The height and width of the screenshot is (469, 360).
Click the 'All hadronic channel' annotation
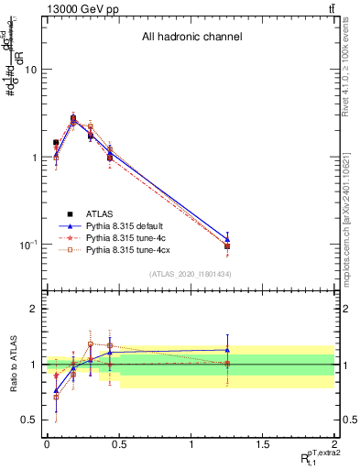tap(191, 38)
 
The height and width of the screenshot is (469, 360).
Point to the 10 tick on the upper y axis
tap(31, 70)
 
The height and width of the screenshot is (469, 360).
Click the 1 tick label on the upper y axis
tap(35, 158)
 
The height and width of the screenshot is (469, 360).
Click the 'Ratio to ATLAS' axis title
tap(12, 365)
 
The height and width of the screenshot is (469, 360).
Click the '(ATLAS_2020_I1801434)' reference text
tap(191, 274)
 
